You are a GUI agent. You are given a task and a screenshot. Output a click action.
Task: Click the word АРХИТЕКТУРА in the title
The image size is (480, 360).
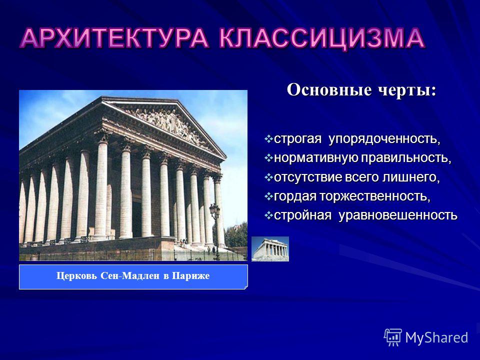[x=114, y=38]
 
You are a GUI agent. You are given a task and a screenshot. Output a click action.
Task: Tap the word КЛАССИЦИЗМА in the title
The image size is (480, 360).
[x=322, y=39]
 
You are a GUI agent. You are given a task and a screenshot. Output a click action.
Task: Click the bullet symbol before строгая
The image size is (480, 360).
[x=268, y=139]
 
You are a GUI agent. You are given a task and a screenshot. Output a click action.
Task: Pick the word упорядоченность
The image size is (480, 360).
[x=384, y=139]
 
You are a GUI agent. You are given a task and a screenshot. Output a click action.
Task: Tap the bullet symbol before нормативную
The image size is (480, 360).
[x=268, y=158]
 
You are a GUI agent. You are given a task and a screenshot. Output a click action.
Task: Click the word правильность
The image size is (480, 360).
[x=406, y=158]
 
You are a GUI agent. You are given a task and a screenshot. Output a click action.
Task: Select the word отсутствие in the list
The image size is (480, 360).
[x=308, y=177]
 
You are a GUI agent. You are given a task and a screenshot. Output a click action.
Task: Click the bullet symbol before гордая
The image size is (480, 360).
[x=268, y=196]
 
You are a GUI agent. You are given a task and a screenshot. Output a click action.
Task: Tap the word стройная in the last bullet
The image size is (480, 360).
[x=303, y=215]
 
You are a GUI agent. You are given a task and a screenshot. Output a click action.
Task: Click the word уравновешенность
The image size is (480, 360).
[x=398, y=215]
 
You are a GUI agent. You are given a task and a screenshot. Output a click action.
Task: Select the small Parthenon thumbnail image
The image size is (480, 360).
[x=270, y=249]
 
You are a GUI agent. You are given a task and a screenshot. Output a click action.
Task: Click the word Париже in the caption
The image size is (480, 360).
[x=190, y=276]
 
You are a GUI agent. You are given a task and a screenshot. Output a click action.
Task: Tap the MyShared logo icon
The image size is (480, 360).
[x=393, y=337]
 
